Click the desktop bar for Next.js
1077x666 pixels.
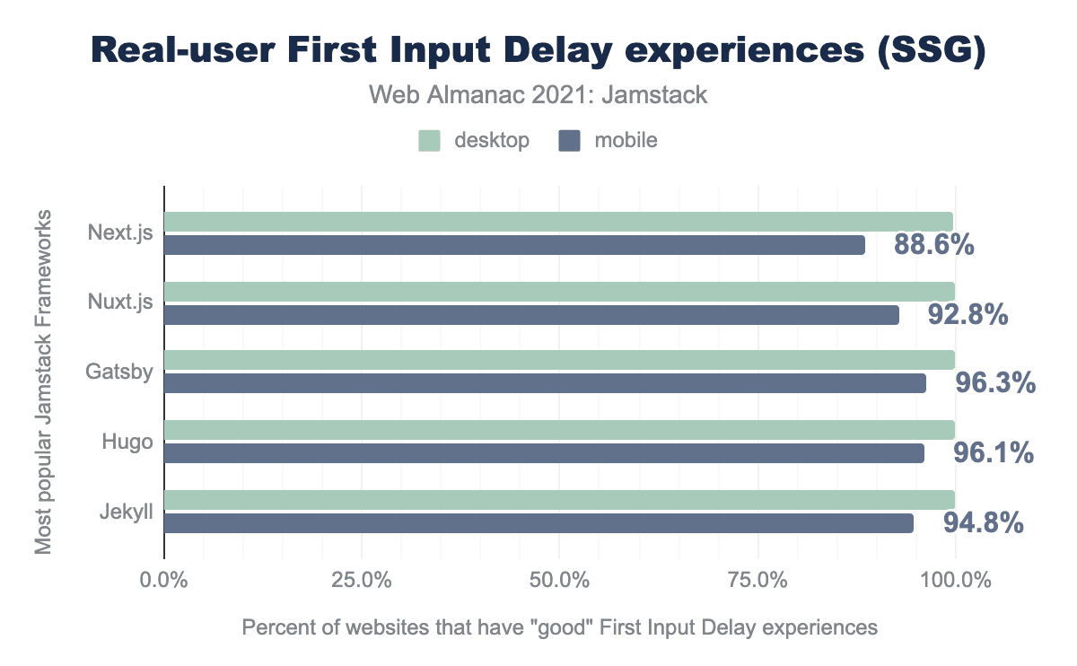(x=558, y=222)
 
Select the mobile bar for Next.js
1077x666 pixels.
(x=514, y=245)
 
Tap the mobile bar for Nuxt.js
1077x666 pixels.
(x=531, y=315)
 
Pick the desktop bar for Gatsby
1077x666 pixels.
(x=559, y=360)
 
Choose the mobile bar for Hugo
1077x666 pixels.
(x=544, y=453)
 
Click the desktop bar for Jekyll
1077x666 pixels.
(x=559, y=500)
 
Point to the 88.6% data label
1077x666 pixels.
(x=934, y=245)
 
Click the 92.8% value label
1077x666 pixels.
(x=968, y=315)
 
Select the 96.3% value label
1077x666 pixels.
(x=995, y=384)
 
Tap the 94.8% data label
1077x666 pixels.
(x=984, y=522)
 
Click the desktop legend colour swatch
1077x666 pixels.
(x=430, y=141)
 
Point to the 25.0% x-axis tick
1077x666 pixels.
(x=361, y=581)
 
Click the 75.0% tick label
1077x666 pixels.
(x=757, y=581)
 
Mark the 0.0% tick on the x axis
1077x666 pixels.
(x=164, y=581)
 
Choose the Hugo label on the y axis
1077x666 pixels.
(x=127, y=442)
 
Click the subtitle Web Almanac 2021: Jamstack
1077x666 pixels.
(x=538, y=95)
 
